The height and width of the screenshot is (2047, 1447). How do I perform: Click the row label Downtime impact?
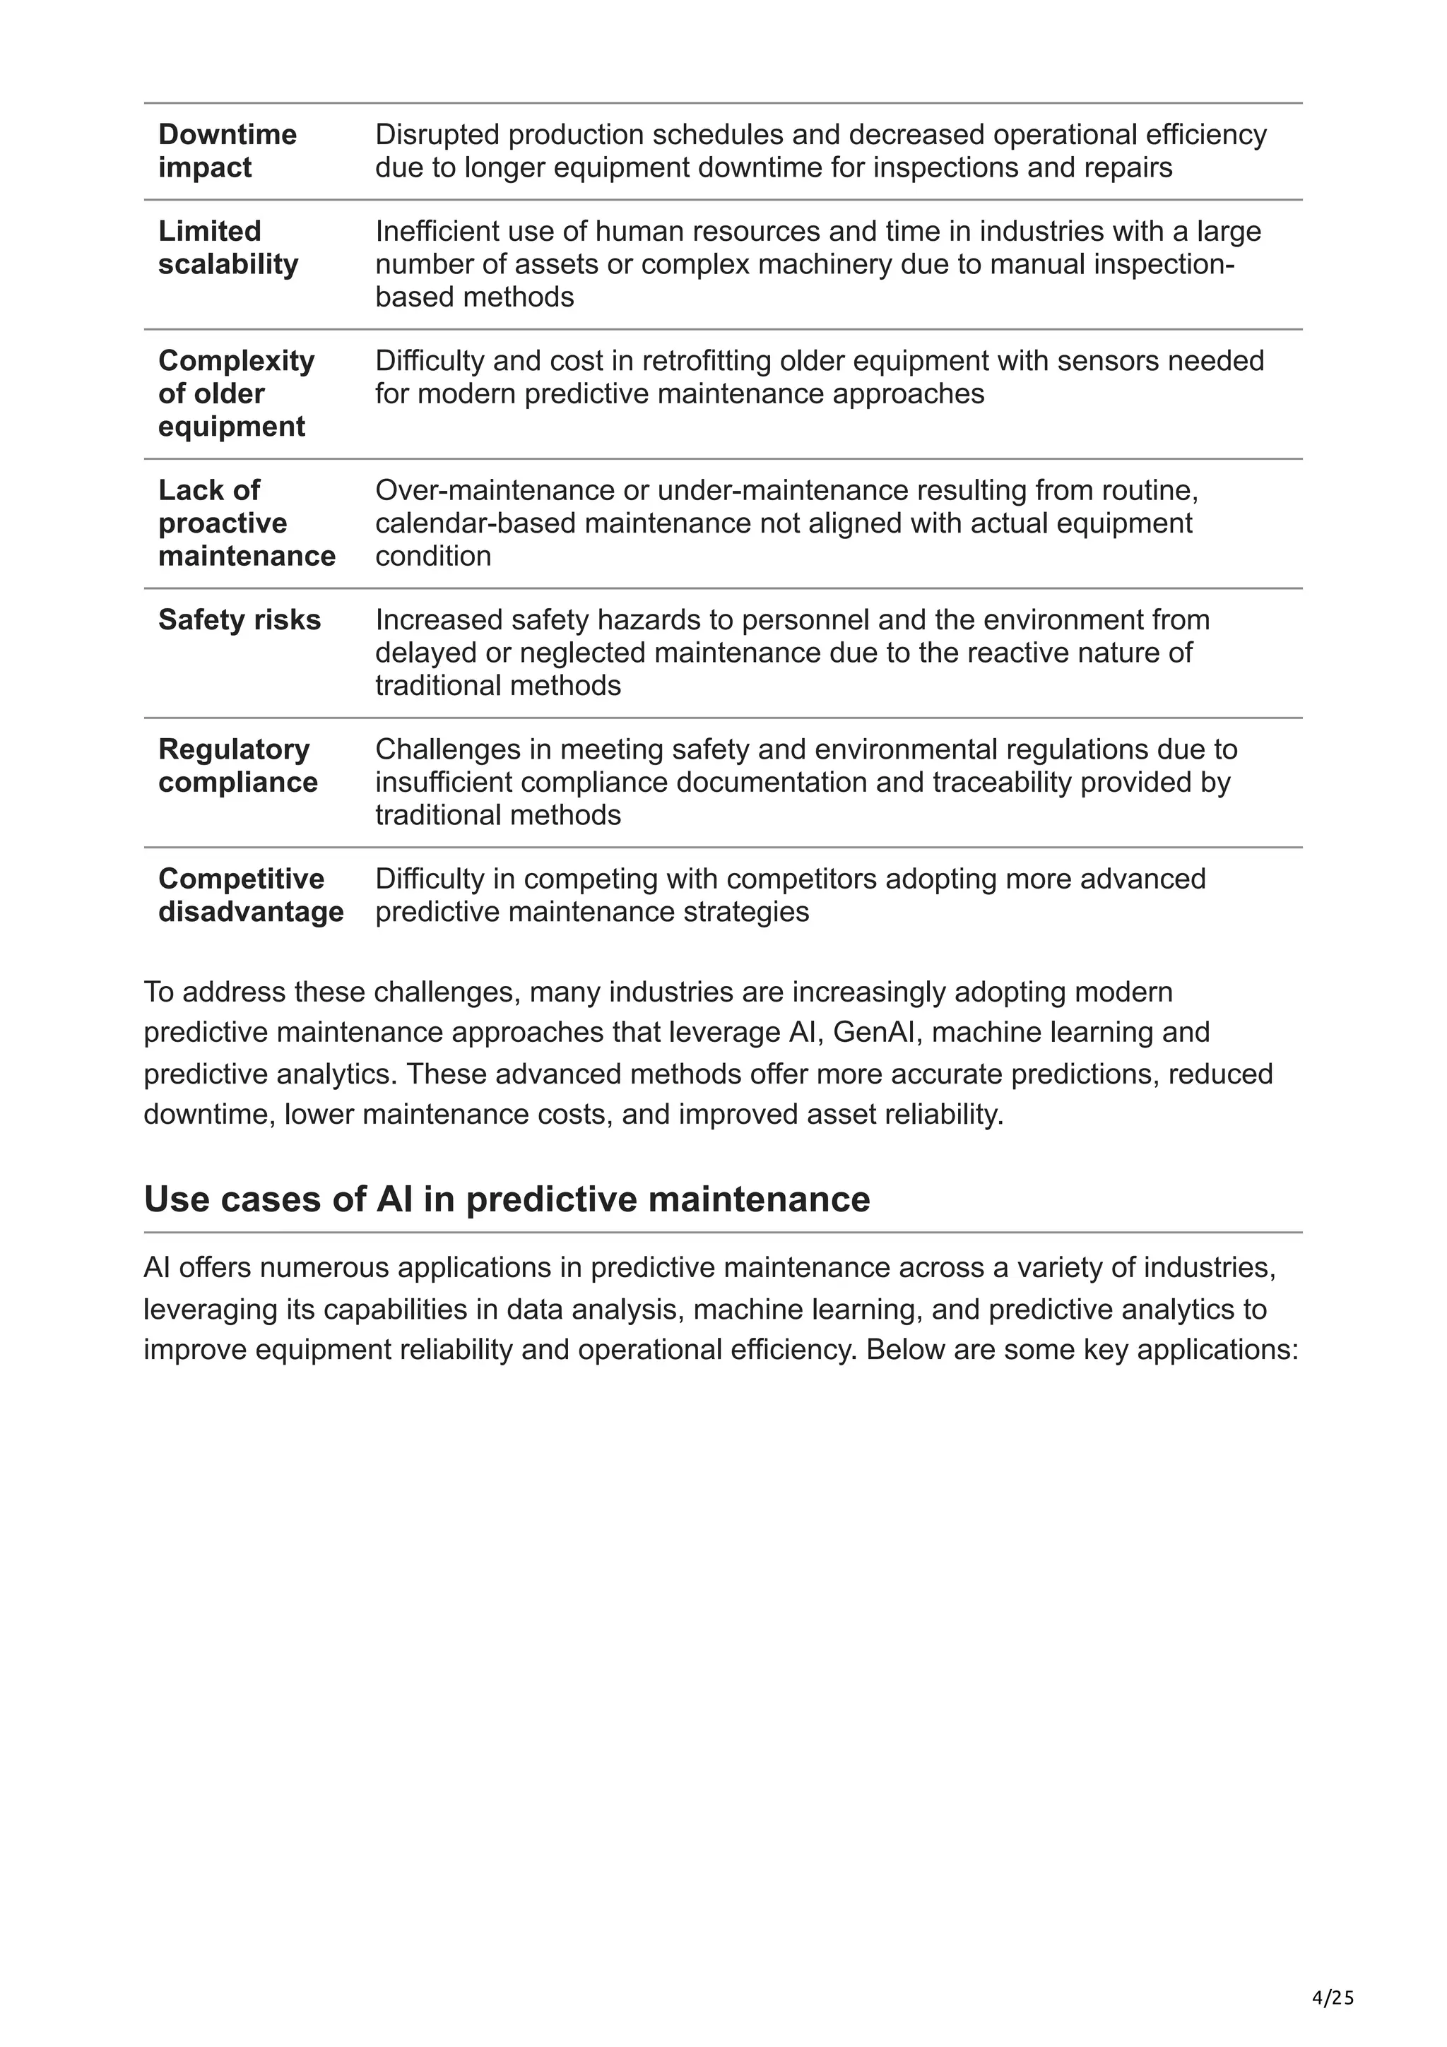[x=227, y=150]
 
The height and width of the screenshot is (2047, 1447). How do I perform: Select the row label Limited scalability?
[x=228, y=248]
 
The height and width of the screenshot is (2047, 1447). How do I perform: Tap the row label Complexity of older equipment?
[x=235, y=393]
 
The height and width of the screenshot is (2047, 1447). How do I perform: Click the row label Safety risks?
[x=239, y=619]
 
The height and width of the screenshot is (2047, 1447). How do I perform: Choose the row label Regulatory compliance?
[x=237, y=765]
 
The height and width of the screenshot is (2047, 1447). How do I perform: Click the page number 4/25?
[x=1333, y=1998]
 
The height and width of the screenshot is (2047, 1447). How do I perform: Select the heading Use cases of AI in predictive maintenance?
[x=507, y=1199]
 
